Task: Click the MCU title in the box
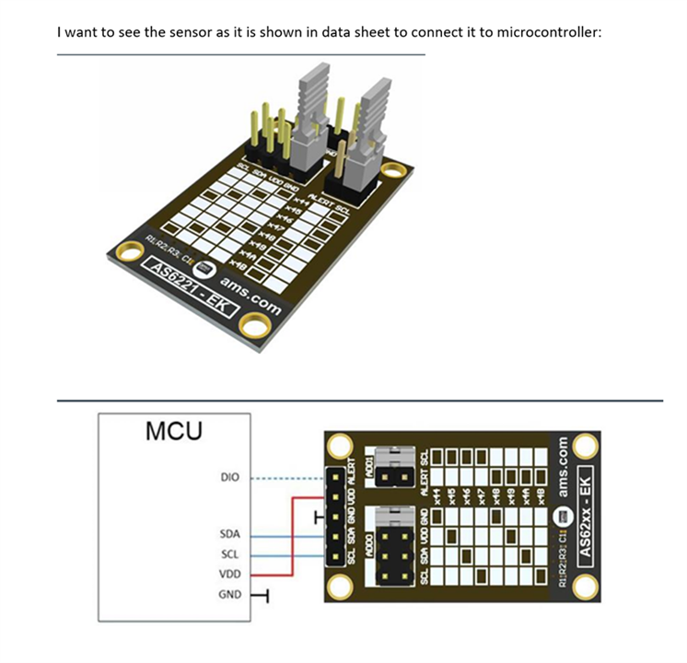tap(174, 430)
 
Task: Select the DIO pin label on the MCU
tap(229, 478)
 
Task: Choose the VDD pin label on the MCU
tap(229, 574)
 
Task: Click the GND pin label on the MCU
tap(229, 594)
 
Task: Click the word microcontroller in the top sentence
tap(548, 32)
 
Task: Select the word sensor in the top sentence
tap(167, 32)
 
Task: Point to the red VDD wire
tap(293, 534)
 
